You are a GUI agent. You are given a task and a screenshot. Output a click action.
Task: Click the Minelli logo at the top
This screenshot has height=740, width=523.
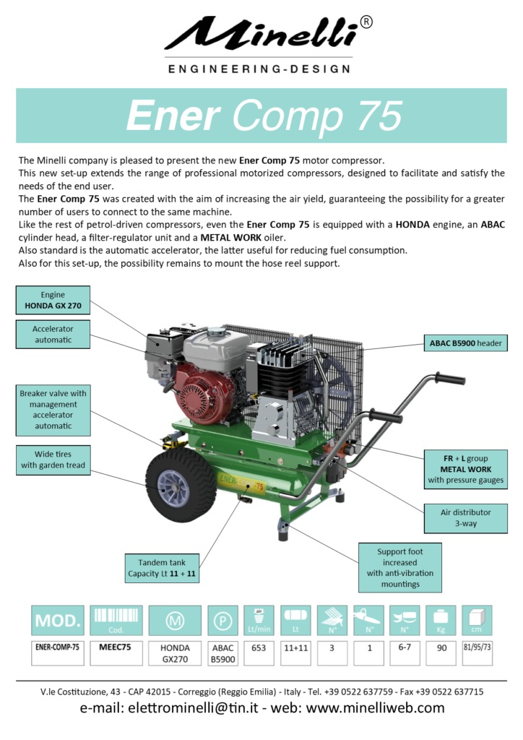[x=268, y=44]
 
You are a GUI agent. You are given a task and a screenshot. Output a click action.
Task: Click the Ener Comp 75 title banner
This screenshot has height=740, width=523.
[x=261, y=115]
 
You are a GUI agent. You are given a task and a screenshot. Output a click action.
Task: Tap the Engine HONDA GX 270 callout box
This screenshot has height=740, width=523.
[x=53, y=300]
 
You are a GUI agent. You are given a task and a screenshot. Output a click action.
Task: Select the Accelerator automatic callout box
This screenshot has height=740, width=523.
[x=53, y=334]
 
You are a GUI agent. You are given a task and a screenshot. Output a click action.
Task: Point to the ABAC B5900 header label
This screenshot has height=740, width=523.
[x=465, y=343]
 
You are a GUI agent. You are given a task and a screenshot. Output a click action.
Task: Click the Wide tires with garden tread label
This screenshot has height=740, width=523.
[x=53, y=460]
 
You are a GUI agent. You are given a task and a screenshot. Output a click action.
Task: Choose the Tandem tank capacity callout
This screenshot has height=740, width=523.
[x=162, y=568]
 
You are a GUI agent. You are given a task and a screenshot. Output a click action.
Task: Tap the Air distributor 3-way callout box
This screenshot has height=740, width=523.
[x=466, y=518]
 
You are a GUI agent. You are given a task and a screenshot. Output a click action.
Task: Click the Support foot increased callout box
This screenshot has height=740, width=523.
[x=400, y=568]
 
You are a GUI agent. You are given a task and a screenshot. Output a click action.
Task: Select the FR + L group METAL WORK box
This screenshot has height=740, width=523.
[x=466, y=469]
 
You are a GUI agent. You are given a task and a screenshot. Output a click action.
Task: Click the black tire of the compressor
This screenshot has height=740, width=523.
[x=181, y=485]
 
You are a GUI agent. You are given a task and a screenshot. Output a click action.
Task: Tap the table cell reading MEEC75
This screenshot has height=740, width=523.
[x=116, y=653]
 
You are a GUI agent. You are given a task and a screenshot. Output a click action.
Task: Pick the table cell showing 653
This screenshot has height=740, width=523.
[x=259, y=653]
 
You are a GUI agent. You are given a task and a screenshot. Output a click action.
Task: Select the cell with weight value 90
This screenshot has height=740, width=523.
[x=441, y=653]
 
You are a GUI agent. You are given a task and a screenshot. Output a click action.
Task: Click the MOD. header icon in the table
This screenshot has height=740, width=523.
[x=58, y=620]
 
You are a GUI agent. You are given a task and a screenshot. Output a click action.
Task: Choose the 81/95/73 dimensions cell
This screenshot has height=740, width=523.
[x=477, y=653]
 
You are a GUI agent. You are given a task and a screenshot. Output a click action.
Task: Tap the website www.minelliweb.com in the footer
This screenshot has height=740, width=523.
[x=375, y=708]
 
